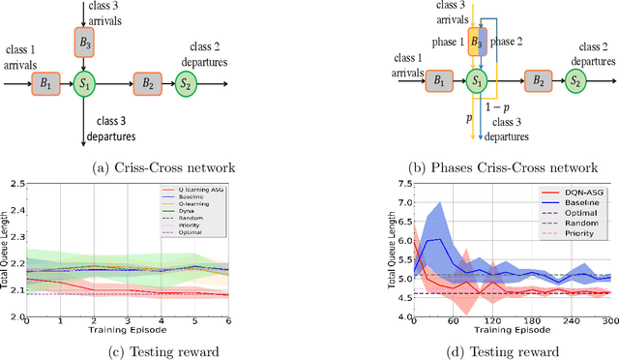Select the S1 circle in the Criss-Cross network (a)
click(83, 84)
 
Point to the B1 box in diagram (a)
click(43, 84)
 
